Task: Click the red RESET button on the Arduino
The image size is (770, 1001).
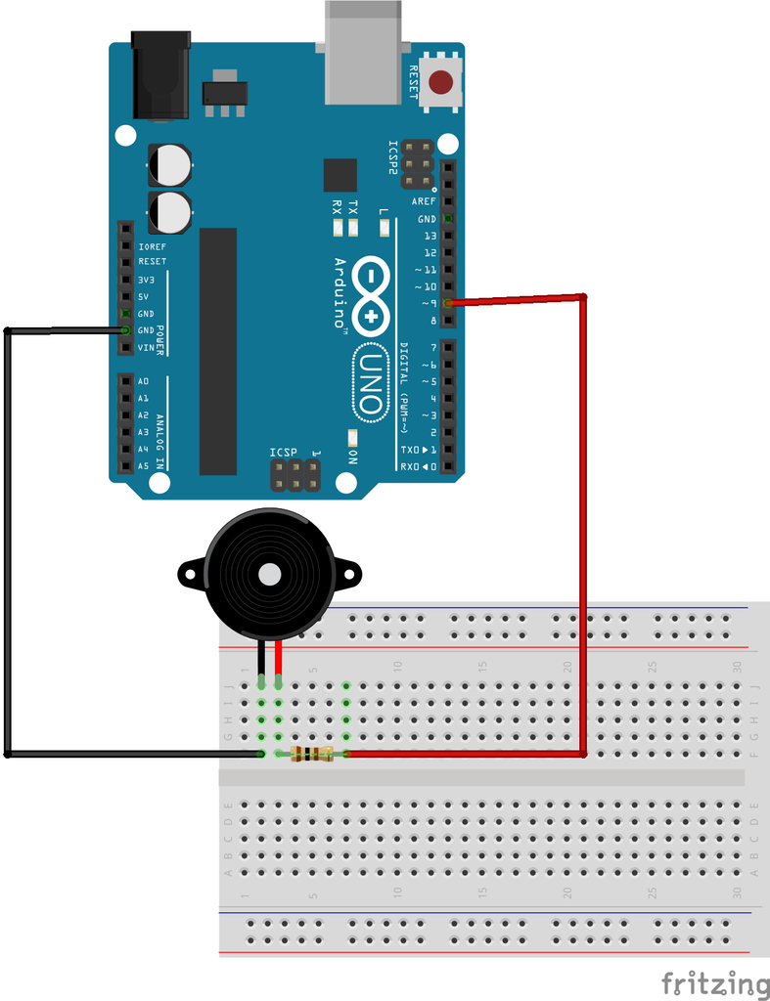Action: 442,81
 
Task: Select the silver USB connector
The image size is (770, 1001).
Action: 363,54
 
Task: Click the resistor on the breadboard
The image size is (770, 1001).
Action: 311,754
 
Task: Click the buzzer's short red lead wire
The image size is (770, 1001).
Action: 279,657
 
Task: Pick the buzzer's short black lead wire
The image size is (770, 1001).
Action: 261,657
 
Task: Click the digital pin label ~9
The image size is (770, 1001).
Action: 427,304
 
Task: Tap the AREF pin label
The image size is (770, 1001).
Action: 424,201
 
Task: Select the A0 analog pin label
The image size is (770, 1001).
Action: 144,381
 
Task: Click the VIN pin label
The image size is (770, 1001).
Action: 146,348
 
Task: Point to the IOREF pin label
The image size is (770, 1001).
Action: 152,245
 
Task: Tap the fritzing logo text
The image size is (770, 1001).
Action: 714,982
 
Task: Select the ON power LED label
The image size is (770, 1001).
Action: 352,457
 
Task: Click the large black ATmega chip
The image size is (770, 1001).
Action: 218,351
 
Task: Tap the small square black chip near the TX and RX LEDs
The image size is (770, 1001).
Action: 341,175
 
